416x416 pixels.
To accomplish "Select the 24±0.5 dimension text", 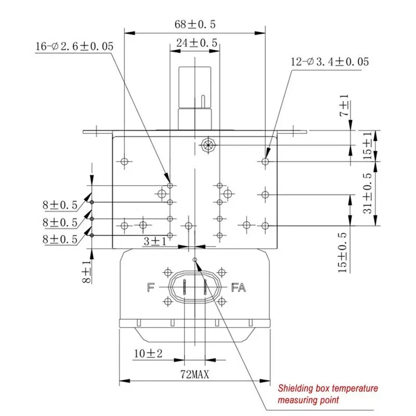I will coord(196,44).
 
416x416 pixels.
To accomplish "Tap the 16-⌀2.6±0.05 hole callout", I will coord(74,47).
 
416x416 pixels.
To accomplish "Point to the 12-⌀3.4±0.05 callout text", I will coord(330,62).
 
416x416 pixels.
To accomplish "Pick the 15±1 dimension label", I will coord(368,146).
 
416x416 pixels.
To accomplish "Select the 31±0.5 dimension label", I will coord(368,193).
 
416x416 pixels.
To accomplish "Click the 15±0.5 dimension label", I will coord(344,252).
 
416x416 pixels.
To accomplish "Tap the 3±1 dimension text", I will coord(155,241).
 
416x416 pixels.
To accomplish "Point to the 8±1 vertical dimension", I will coord(86,271).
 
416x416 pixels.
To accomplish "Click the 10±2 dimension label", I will coord(148,354).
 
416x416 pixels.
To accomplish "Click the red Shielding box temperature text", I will coord(328,388).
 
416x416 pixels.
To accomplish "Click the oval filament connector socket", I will coord(195,287).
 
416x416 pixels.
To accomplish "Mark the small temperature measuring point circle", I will coord(195,259).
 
